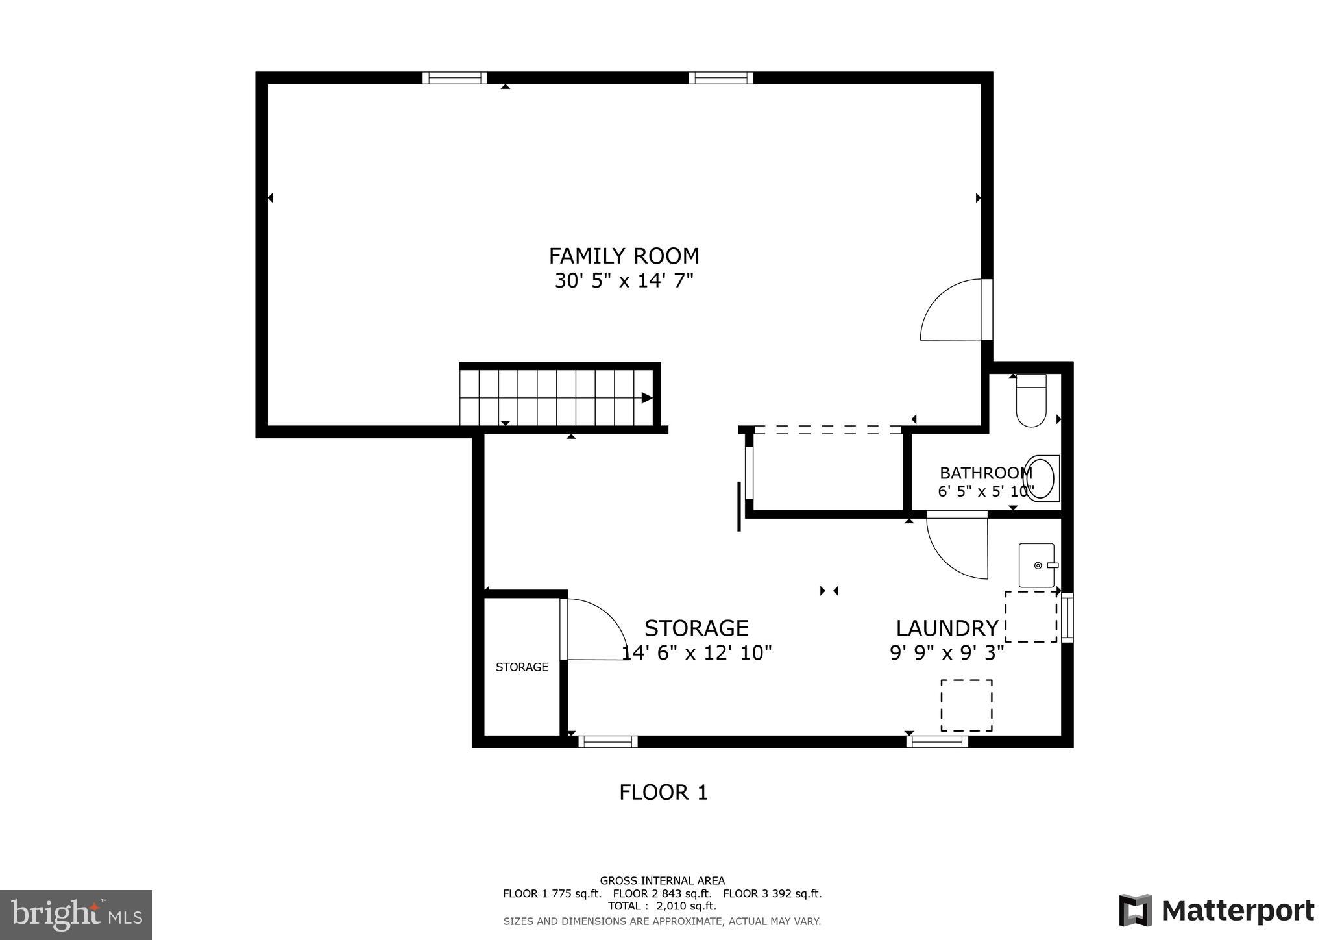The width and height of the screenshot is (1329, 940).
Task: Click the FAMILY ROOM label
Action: [624, 256]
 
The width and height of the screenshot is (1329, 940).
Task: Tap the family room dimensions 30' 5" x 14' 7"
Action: [624, 281]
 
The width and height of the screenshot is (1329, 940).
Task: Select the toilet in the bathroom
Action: [1030, 401]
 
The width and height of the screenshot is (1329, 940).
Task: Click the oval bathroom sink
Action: [1041, 478]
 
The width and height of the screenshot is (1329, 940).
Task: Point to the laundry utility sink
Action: [1036, 565]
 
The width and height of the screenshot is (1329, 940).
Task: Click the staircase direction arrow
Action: [646, 398]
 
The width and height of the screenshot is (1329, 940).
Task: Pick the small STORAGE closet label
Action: [522, 667]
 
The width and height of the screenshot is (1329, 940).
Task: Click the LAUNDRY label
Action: [947, 628]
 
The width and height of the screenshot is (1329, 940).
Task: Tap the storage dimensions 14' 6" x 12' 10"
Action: [696, 653]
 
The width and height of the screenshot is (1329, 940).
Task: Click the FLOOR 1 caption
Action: [663, 793]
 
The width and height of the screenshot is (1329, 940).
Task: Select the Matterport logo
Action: [1216, 911]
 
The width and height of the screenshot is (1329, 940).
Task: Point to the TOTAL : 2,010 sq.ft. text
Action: [662, 906]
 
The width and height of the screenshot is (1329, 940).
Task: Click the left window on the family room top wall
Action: [454, 78]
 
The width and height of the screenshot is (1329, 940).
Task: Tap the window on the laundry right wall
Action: [1067, 617]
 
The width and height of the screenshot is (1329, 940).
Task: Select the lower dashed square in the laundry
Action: [966, 705]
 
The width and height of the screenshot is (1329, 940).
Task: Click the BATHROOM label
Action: [985, 473]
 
